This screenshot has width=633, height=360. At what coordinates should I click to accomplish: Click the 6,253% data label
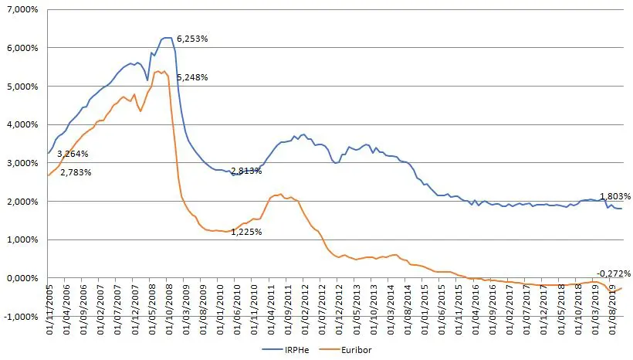tap(192, 38)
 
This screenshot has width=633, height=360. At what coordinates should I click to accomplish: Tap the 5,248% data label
tap(192, 77)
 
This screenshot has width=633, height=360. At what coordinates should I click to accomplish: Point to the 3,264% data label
tap(73, 155)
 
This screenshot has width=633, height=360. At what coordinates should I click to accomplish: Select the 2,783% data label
tap(76, 172)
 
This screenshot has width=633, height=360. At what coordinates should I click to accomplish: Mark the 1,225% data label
tap(246, 231)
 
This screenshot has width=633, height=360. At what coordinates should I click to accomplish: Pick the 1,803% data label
tap(615, 196)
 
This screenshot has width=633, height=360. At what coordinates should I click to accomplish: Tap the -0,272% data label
tap(614, 273)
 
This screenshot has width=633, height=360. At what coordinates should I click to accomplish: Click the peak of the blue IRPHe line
tap(166, 38)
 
